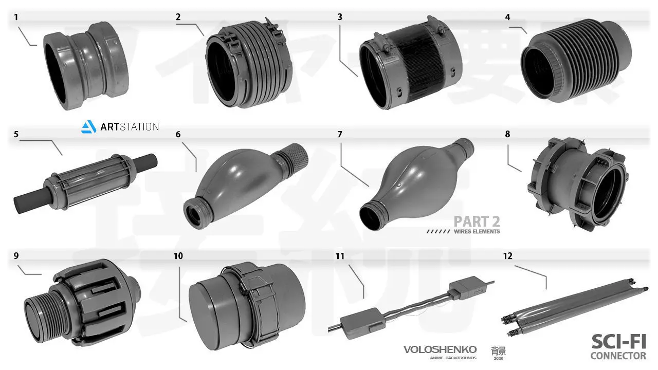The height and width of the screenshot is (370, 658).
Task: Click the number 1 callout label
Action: click(x=16, y=17)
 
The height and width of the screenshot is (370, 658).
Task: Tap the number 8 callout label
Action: click(x=508, y=134)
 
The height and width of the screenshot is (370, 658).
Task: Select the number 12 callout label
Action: click(x=508, y=255)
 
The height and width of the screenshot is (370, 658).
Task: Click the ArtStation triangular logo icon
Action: click(x=89, y=126)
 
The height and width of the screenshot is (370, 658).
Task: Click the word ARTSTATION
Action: click(x=129, y=126)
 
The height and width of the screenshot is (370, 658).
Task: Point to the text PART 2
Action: click(x=477, y=221)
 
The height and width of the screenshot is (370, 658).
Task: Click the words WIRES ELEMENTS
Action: click(x=477, y=232)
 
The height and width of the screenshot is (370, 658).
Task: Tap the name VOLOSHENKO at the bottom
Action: click(x=440, y=349)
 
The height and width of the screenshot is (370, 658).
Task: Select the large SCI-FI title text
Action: click(x=618, y=341)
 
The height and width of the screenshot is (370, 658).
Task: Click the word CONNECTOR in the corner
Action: click(x=618, y=356)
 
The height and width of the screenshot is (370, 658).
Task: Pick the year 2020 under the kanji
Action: click(x=498, y=358)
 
